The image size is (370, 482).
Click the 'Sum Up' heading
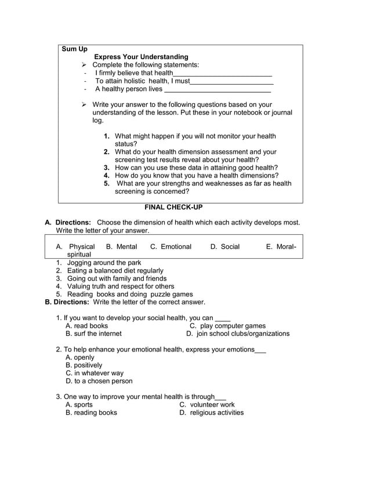coord(74,49)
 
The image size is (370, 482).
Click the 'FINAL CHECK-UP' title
coord(173,207)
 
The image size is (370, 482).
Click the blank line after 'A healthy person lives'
coord(217,90)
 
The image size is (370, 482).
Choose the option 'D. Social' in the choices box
coord(225,247)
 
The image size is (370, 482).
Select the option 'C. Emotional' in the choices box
coord(171,247)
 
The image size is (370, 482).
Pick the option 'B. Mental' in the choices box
coord(122,247)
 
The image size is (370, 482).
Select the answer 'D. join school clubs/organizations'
coord(238,334)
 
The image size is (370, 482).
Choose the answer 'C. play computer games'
coord(227,326)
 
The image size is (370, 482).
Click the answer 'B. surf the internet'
coord(93,334)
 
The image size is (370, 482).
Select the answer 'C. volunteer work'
coord(207,404)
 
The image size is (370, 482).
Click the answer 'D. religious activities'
coord(211,412)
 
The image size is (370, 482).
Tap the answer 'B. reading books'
coord(91,412)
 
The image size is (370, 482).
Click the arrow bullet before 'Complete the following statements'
coord(84,65)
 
